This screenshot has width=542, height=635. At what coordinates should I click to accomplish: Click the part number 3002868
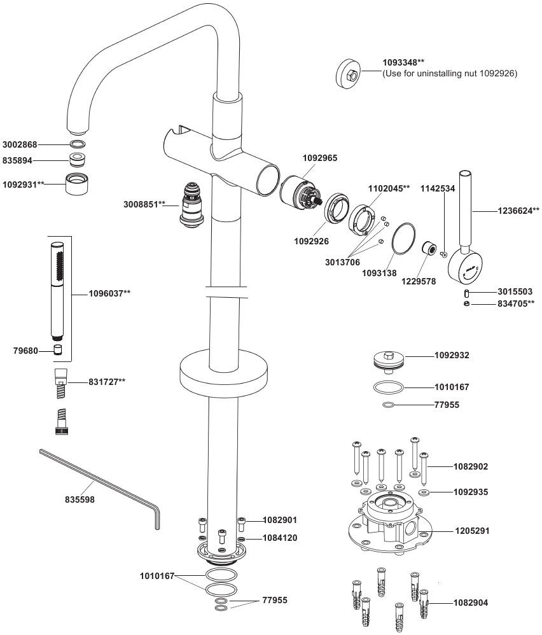pos(20,144)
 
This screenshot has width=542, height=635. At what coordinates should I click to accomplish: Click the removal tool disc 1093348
pos(349,74)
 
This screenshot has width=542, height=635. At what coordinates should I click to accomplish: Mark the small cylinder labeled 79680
pos(58,350)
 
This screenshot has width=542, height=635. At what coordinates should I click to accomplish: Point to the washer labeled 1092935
pos(424,492)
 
